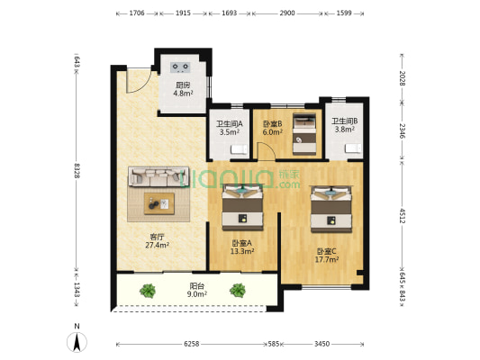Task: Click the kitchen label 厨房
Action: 183,85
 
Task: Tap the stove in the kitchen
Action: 180,67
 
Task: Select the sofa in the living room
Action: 158,176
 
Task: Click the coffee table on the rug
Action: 159,203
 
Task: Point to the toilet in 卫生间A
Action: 239,149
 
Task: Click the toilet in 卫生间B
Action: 354,148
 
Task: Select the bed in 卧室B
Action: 304,134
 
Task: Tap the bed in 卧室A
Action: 242,207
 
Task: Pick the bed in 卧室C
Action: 331,209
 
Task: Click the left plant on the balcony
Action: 148,291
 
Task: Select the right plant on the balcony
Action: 238,290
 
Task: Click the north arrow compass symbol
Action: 77,342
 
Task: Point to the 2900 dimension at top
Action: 287,13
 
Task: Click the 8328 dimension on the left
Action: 77,171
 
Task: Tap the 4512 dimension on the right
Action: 402,216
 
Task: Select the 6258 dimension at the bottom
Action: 191,344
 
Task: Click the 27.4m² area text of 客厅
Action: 158,245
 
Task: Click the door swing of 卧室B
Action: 267,150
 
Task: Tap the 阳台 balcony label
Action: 197,286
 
